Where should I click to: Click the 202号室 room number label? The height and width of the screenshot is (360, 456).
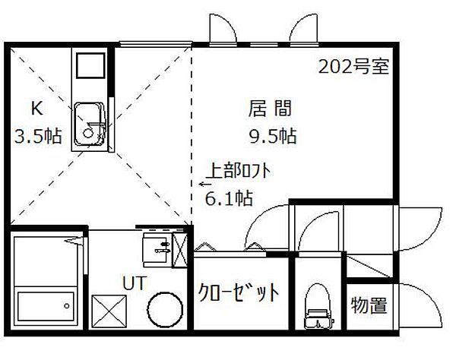pyautogui.click(x=353, y=66)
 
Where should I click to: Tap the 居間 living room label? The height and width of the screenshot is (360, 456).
pyautogui.click(x=269, y=109)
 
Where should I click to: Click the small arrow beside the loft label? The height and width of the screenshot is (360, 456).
pyautogui.click(x=204, y=183)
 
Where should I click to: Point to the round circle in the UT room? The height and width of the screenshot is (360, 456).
pyautogui.click(x=165, y=311)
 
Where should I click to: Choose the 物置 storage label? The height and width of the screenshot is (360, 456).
pyautogui.click(x=369, y=305)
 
